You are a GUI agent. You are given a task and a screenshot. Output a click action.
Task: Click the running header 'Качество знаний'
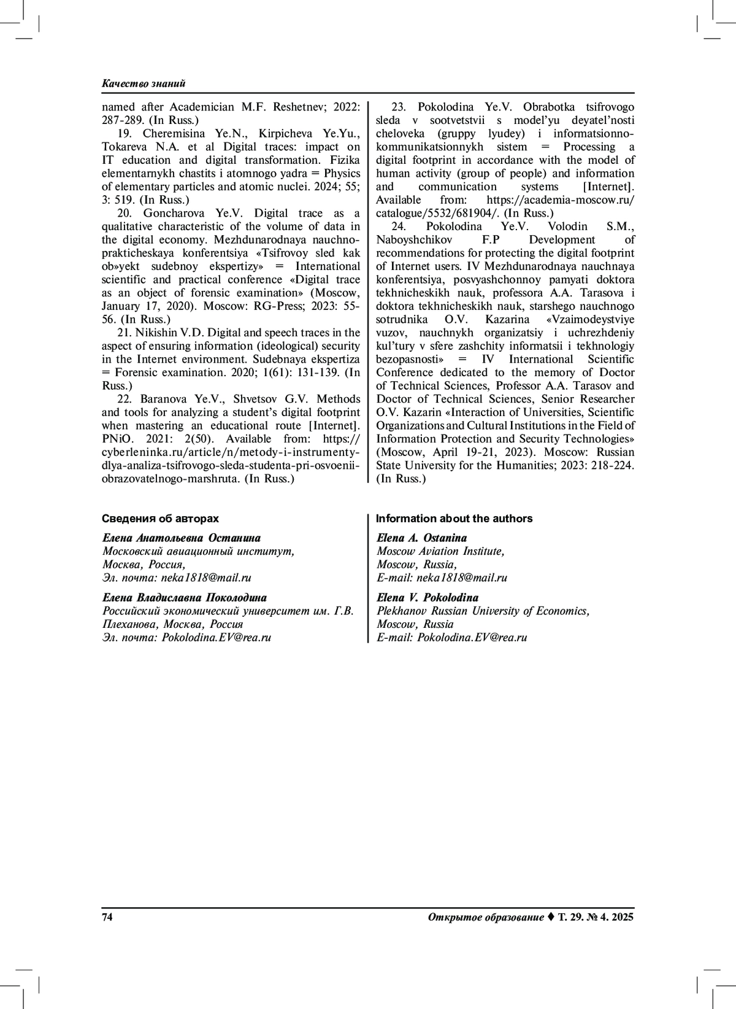(144, 83)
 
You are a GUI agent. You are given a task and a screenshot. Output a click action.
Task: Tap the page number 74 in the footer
(107, 918)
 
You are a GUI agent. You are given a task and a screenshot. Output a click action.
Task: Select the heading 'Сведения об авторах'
(160, 519)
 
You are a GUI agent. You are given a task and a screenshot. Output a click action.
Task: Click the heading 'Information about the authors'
(454, 519)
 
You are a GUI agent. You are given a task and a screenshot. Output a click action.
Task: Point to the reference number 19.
(125, 133)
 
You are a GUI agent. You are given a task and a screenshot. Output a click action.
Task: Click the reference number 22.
(125, 399)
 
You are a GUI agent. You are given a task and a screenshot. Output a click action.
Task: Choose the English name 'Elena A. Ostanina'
(422, 538)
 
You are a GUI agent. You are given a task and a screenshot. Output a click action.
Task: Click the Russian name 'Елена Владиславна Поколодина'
(185, 598)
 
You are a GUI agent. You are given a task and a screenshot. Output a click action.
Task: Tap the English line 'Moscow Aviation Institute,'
(440, 551)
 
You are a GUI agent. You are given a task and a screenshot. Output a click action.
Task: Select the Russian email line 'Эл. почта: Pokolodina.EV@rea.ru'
(186, 637)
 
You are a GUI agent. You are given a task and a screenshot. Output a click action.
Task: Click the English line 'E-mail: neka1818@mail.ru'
(442, 578)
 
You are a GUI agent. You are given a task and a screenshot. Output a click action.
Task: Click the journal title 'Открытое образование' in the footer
(485, 918)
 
